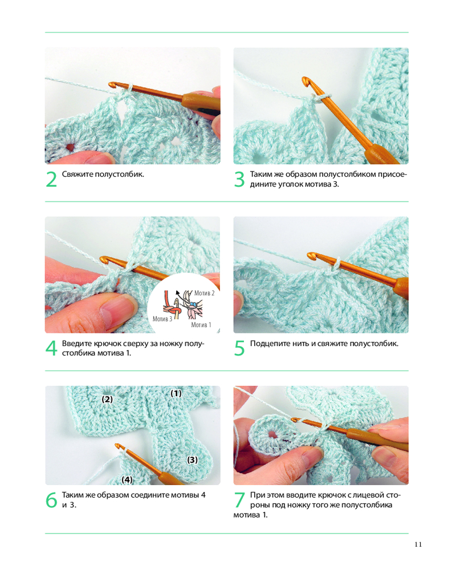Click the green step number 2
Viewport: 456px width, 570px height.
tap(51, 180)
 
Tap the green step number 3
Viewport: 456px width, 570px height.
tap(239, 180)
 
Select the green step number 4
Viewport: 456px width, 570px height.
tap(51, 349)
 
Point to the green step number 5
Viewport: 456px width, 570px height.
tap(239, 349)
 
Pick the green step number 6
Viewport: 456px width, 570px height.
tap(51, 500)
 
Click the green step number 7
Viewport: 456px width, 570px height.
tap(239, 500)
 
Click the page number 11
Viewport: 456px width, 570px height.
tap(418, 544)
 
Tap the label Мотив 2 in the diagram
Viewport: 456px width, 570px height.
tap(205, 293)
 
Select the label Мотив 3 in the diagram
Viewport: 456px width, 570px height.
tap(162, 319)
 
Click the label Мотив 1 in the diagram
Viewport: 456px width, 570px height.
tap(201, 325)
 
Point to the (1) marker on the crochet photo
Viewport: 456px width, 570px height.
tap(176, 393)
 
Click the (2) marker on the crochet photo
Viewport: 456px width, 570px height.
tap(107, 399)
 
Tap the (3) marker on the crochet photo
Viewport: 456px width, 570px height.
tap(192, 460)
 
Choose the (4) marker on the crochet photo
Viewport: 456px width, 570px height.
tap(127, 480)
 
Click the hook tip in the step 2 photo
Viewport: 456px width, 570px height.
tap(112, 85)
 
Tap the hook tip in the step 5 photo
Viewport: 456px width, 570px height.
tap(311, 256)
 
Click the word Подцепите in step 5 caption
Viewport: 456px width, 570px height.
tap(270, 344)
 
